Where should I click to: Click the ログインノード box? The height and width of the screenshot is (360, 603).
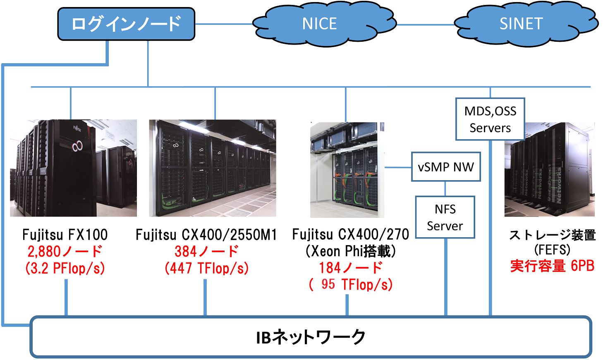coord(126,24)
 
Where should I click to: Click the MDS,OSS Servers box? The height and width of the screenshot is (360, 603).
coord(490,119)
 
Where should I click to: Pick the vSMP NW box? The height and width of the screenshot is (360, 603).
coord(446,167)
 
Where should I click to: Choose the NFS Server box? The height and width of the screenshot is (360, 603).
coord(445,217)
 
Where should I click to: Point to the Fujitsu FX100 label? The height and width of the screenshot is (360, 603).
coord(65,235)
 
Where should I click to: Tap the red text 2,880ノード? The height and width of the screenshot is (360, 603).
coord(65,251)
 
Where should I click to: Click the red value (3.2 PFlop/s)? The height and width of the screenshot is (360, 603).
coord(65,268)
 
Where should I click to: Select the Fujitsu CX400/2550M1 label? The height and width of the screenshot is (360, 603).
coord(206,235)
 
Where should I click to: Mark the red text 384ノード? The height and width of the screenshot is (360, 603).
coord(206,251)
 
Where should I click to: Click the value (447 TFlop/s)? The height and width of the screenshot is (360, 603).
coord(206,268)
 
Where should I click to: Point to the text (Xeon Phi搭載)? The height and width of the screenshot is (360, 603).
coord(351,251)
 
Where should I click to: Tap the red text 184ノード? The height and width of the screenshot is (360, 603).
coord(351,268)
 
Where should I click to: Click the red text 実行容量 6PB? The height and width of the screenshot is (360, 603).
coord(552,266)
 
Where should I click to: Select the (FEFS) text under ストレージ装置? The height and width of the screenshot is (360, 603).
coord(552,250)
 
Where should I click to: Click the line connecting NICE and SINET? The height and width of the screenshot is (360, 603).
coord(426,24)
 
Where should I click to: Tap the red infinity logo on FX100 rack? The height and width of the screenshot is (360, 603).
coord(77,146)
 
